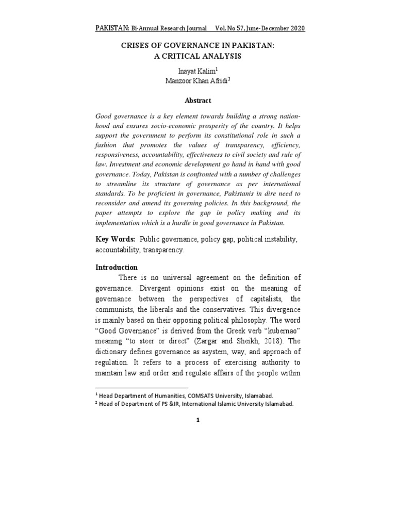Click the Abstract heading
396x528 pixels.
[x=197, y=101]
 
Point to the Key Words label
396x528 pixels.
[x=115, y=239]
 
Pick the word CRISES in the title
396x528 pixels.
[x=136, y=45]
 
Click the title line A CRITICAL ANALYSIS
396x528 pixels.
[x=197, y=56]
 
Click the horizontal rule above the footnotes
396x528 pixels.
[x=142, y=387]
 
